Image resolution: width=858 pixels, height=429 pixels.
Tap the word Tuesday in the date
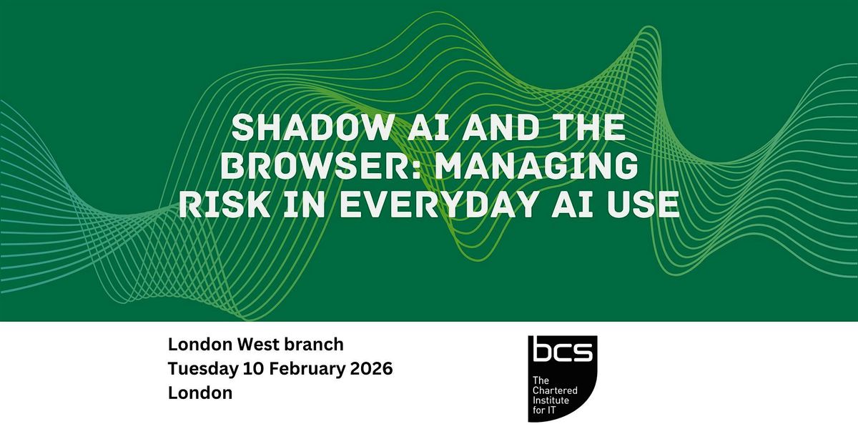pyautogui.click(x=203, y=369)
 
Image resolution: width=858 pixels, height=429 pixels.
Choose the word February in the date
pyautogui.click(x=307, y=369)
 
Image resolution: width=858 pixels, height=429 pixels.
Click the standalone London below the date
pyautogui.click(x=200, y=393)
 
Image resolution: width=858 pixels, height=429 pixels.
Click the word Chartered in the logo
pyautogui.click(x=555, y=390)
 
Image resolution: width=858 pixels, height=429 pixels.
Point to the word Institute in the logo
pyautogui.click(x=551, y=400)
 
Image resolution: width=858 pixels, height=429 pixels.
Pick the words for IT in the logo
pyautogui.click(x=544, y=410)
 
